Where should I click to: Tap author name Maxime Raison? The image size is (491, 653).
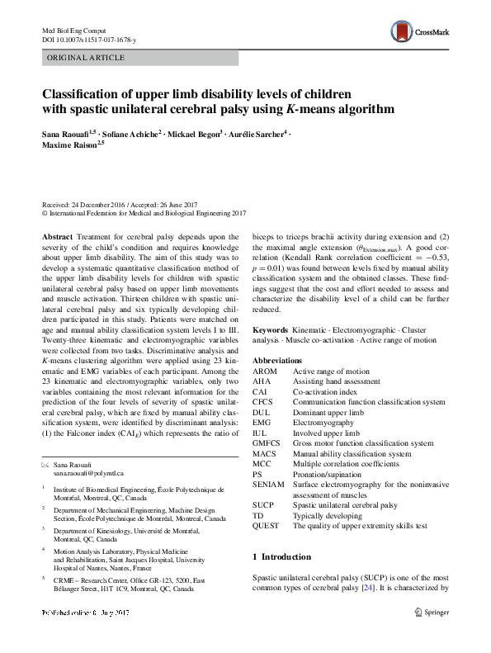[70, 146]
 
